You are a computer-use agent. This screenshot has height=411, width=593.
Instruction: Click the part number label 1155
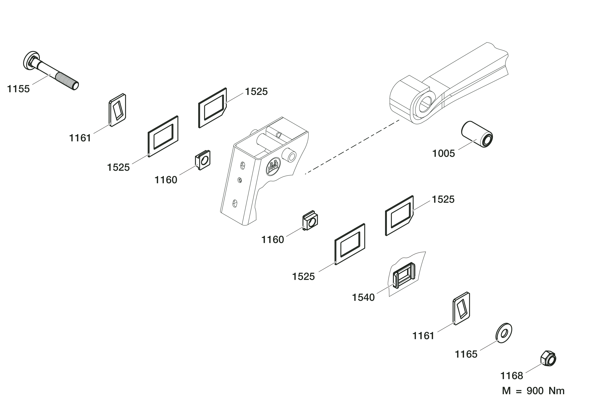(x=18, y=89)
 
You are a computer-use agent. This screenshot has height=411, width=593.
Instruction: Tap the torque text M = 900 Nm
(x=533, y=391)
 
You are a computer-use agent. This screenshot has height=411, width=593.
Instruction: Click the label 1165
(x=466, y=355)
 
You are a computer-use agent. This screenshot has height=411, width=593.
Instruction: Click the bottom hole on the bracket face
(x=234, y=203)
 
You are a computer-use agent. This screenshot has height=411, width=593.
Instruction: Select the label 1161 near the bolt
(x=80, y=138)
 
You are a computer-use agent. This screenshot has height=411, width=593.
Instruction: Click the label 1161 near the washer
(x=423, y=336)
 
